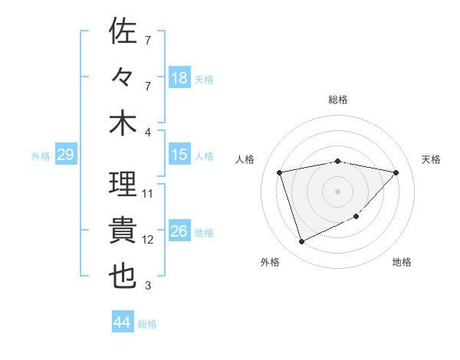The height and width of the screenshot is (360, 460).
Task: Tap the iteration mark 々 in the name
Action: [x=123, y=77]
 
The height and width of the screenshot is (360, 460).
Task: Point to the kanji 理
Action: [x=123, y=185]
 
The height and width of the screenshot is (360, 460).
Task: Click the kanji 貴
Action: [x=123, y=231]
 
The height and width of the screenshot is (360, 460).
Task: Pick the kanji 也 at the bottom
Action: [x=123, y=277]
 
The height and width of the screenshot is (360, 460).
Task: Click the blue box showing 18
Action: [x=179, y=77]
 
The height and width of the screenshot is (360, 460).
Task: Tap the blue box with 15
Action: [x=179, y=155]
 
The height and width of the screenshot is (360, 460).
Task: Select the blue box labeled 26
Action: [x=179, y=231]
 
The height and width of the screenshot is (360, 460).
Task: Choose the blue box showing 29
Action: [x=65, y=155]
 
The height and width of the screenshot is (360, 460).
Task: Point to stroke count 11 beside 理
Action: [x=148, y=194]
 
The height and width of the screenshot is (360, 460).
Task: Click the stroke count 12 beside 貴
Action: [x=148, y=240]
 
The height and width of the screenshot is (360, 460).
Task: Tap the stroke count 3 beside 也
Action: [x=148, y=286]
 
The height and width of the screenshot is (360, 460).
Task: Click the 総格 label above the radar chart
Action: [x=338, y=100]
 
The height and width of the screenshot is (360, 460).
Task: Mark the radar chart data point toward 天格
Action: [x=396, y=172]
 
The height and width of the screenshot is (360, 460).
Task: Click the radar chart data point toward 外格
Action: [x=301, y=242]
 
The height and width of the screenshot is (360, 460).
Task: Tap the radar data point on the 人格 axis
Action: [x=280, y=172]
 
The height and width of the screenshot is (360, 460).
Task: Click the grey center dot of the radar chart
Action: [x=338, y=191]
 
